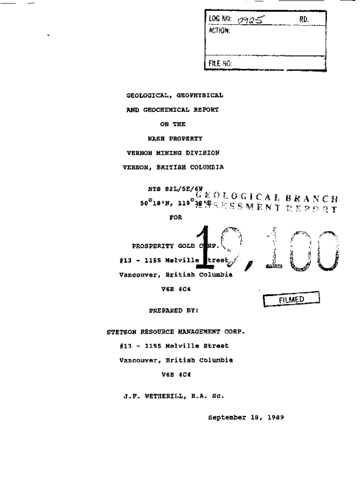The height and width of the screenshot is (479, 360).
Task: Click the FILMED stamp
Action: click(x=291, y=300)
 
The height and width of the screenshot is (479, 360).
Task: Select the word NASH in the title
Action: click(x=157, y=138)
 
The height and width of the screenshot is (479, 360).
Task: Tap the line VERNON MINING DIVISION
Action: click(x=173, y=153)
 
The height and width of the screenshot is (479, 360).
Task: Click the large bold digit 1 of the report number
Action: click(x=202, y=248)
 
